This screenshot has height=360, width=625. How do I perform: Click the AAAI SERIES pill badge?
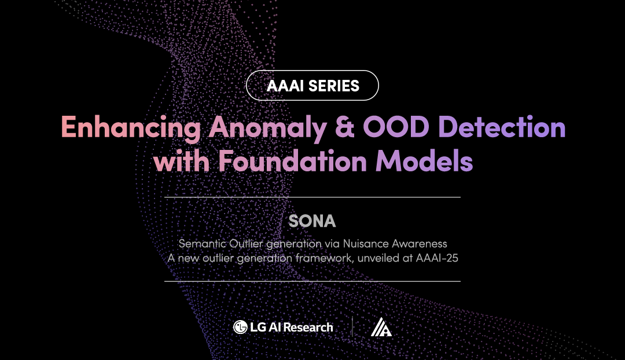pos(312,86)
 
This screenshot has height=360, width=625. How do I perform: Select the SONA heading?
pos(312,221)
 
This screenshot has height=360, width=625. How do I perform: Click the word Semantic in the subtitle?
pos(199,244)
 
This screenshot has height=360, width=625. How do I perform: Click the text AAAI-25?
pos(437,258)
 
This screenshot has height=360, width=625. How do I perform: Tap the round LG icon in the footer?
pos(240,328)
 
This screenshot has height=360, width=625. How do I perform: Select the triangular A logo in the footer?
pos(381,328)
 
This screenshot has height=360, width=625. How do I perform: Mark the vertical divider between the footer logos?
pos(352,327)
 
